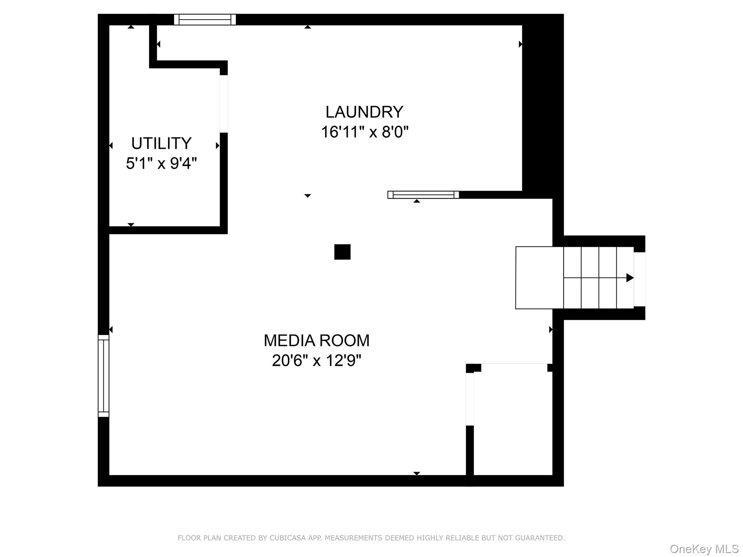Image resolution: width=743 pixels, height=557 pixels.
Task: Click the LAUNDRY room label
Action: [x=364, y=112]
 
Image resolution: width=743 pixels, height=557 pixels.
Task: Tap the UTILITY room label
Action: [x=161, y=144]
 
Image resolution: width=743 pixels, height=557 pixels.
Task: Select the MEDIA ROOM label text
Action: [x=316, y=341]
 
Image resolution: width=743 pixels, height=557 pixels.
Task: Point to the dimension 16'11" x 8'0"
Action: [x=365, y=132]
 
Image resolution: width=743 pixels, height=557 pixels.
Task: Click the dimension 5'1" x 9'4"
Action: [x=161, y=164]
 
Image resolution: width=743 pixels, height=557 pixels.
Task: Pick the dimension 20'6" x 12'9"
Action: [x=316, y=361]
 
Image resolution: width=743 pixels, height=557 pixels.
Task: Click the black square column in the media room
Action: [x=342, y=252]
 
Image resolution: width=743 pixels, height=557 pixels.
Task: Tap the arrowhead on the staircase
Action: [x=630, y=278]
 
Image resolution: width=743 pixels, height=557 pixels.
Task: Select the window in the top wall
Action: [x=205, y=20]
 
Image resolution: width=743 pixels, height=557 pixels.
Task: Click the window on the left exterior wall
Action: [x=103, y=376]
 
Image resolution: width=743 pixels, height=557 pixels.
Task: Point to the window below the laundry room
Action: [x=423, y=195]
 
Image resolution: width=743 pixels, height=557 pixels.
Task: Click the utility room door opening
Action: [x=224, y=104]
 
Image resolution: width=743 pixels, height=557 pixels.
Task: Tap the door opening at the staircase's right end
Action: [x=640, y=279]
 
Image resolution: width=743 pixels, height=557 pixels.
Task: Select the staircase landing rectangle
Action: [x=539, y=278]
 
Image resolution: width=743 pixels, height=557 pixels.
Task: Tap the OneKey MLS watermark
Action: [x=704, y=549]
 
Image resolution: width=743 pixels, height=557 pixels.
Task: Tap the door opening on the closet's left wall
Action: [x=470, y=399]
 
